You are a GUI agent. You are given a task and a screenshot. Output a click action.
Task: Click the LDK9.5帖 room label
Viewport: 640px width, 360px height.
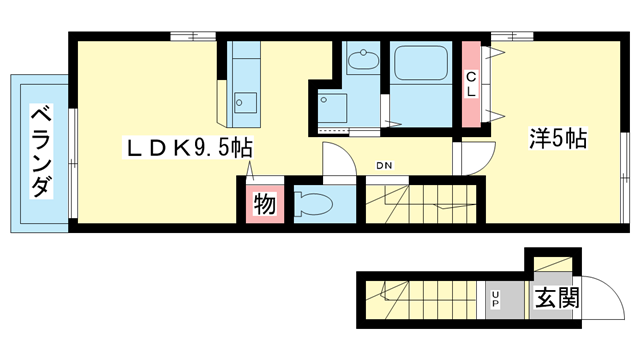(x=189, y=148)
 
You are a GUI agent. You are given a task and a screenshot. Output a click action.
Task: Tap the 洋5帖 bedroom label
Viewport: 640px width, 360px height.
(x=558, y=138)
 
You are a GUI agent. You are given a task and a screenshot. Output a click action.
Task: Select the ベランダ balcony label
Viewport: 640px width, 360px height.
(x=42, y=151)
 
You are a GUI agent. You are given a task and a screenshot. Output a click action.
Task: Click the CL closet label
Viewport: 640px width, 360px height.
(x=471, y=84)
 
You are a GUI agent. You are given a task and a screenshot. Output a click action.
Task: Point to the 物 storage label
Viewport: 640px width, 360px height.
(x=264, y=204)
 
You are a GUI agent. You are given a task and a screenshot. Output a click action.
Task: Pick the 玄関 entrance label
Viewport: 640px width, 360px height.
(x=557, y=298)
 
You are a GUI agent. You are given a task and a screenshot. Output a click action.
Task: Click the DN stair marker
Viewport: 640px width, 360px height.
(x=384, y=165)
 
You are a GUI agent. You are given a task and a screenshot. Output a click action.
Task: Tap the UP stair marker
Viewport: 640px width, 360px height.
(x=496, y=299)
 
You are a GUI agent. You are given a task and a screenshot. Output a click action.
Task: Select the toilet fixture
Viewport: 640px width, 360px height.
(x=313, y=204)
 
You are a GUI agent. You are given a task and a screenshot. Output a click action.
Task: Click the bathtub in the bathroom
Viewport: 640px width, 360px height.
(x=421, y=62)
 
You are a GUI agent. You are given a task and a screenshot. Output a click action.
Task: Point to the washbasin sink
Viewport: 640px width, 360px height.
(x=363, y=59)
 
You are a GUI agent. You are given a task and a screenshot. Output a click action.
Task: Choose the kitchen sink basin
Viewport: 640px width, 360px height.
(x=245, y=103)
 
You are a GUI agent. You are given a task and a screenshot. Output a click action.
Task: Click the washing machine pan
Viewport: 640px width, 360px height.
(x=333, y=108)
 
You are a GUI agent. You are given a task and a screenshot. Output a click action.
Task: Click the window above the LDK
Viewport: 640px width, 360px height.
(x=193, y=36)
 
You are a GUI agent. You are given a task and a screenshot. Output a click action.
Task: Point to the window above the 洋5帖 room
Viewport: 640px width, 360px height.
(x=512, y=36)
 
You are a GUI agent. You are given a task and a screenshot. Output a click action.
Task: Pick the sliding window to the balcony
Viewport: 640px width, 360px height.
(x=73, y=163)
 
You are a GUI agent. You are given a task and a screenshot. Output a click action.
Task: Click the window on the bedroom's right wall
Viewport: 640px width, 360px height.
(x=625, y=178)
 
